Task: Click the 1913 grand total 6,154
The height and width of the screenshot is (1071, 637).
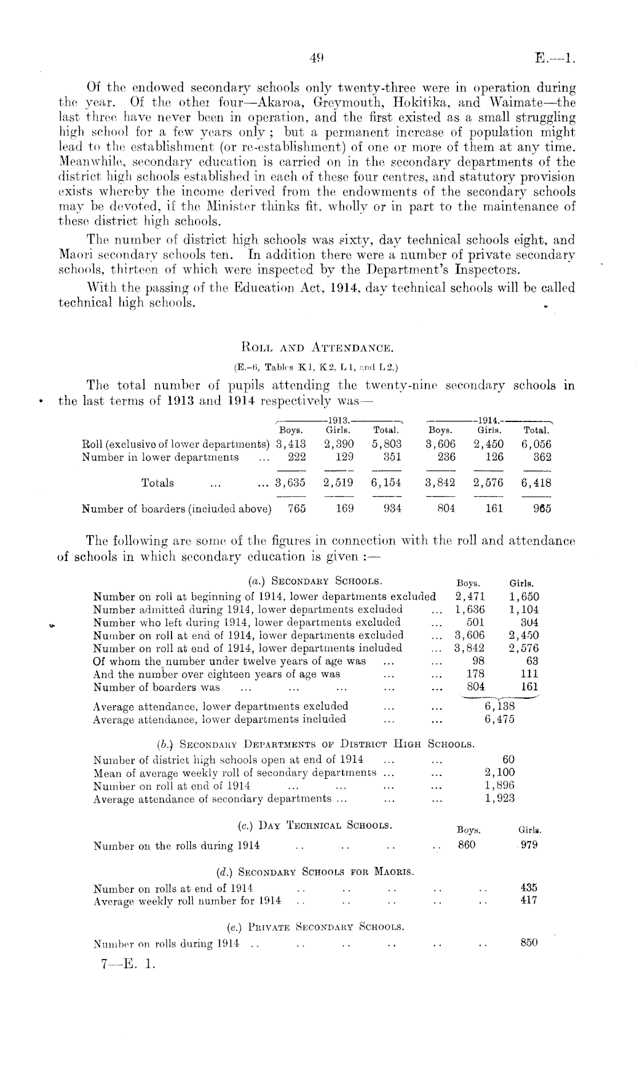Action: (x=386, y=483)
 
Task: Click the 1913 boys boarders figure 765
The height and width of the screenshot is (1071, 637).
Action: (x=297, y=508)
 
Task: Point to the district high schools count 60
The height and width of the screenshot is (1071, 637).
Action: (x=508, y=759)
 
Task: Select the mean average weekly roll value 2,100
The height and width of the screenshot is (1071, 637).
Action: (x=500, y=773)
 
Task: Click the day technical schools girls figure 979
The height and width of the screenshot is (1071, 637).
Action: (x=529, y=845)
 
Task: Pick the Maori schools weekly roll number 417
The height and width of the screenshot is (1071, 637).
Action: (x=529, y=901)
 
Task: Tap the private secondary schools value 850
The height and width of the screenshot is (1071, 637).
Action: (x=529, y=943)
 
